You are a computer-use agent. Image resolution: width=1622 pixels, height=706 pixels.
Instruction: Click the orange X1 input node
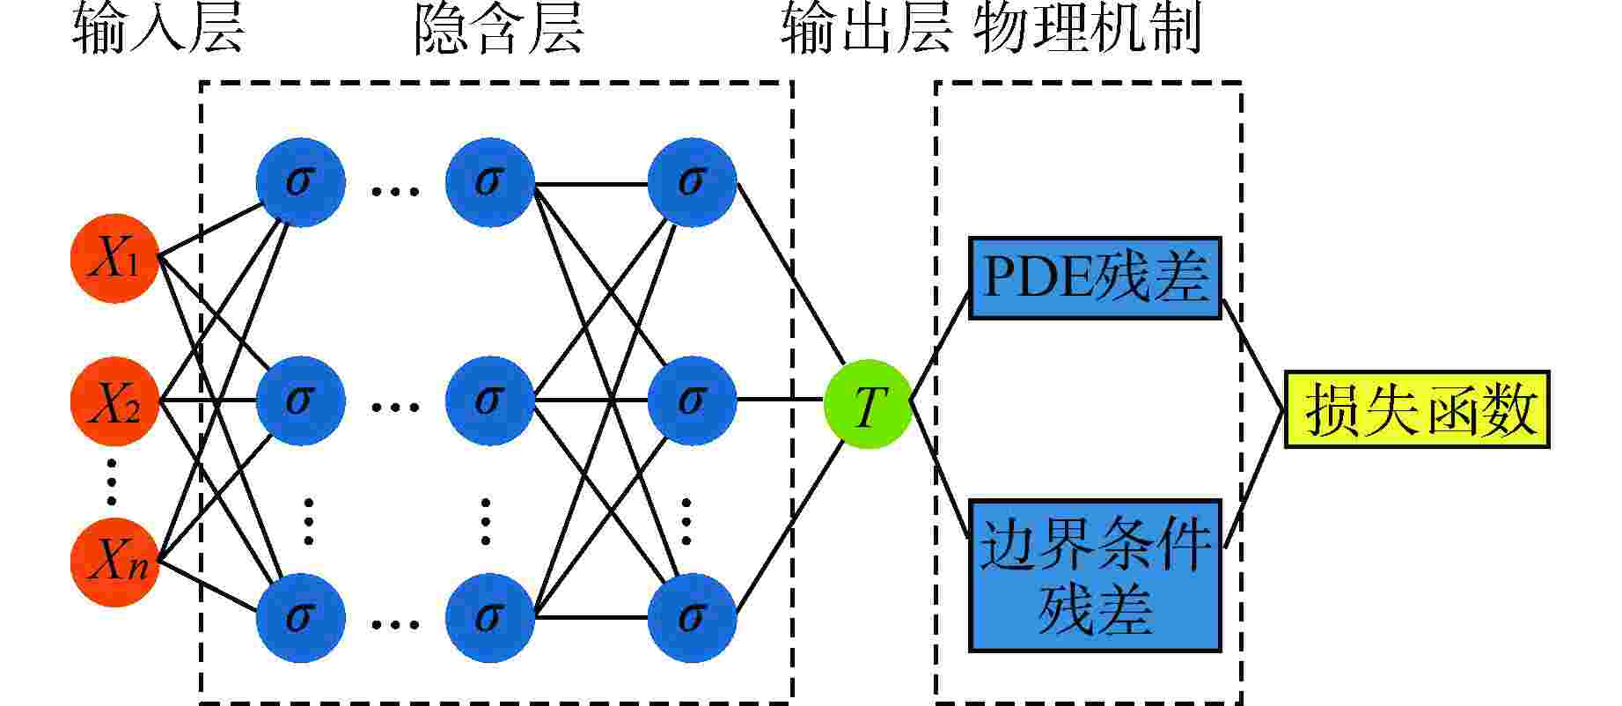pos(114,259)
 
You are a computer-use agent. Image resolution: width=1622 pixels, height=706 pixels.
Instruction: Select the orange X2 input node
pos(114,401)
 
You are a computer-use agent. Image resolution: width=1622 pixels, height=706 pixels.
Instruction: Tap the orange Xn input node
pos(114,562)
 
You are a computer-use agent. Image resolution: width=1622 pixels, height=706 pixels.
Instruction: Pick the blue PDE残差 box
pos(1094,278)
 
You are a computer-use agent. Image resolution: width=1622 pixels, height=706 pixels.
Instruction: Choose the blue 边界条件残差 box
pos(1094,576)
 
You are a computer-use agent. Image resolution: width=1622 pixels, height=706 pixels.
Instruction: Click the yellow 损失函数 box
pos(1417,409)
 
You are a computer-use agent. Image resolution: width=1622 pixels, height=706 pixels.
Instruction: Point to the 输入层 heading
pos(158,32)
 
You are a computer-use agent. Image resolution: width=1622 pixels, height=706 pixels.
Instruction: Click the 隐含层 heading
pos(498,32)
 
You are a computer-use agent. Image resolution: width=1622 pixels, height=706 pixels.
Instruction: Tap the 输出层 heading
pos(866,32)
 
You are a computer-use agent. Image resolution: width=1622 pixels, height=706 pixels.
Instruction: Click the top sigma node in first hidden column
pos(300,181)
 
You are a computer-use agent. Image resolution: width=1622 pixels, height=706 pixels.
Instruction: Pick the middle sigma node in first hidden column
pos(300,401)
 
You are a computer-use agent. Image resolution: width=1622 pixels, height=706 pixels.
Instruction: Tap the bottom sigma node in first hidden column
pos(300,616)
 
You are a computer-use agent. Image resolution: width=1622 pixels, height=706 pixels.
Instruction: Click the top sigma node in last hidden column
pos(692,181)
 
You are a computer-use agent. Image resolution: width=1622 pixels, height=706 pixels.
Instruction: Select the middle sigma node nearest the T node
pos(692,401)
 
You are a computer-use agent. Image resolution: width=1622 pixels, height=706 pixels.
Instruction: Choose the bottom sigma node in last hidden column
pos(692,616)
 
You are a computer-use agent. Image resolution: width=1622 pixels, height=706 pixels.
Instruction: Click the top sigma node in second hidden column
pos(489,181)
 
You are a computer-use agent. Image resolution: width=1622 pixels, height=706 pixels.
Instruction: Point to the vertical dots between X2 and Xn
pos(112,482)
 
